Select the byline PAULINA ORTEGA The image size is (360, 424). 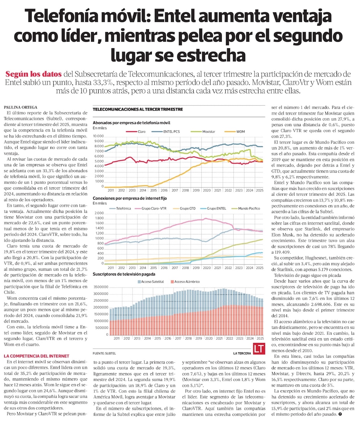click(x=19, y=107)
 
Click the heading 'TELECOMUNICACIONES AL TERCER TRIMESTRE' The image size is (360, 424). click(x=138, y=109)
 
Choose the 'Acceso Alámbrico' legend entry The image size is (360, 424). click(x=186, y=281)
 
